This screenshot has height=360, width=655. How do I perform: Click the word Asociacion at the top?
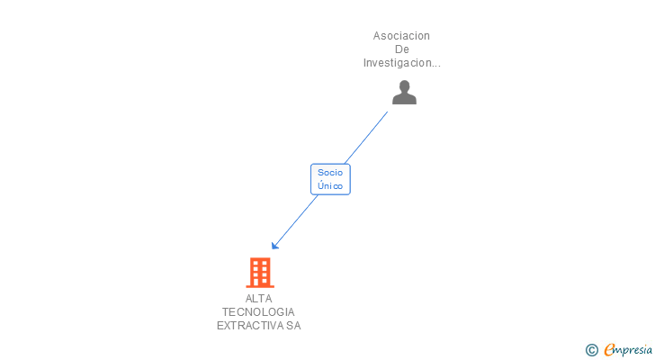coord(401,36)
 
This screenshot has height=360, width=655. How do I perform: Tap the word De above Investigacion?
coord(401,49)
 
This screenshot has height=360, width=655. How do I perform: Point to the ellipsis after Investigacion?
coord(435,65)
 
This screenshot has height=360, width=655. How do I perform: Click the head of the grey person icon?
coord(404,86)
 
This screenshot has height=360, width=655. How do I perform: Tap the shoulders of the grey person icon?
coord(404,98)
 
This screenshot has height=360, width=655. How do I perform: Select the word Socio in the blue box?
coord(330,172)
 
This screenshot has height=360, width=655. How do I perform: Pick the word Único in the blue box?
coord(330,185)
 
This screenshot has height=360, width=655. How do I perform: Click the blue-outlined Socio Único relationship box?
coord(330,178)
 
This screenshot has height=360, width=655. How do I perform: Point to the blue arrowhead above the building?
coord(275,245)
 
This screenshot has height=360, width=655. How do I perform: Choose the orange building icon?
coord(259,272)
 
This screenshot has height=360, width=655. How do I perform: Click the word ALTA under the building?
coord(258,299)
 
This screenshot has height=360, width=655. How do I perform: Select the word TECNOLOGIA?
coord(258,312)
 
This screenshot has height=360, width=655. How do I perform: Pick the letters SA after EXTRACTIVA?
coord(293,326)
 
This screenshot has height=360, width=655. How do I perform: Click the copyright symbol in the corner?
coord(592,350)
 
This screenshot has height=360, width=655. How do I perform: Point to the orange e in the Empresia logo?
coord(609,350)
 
